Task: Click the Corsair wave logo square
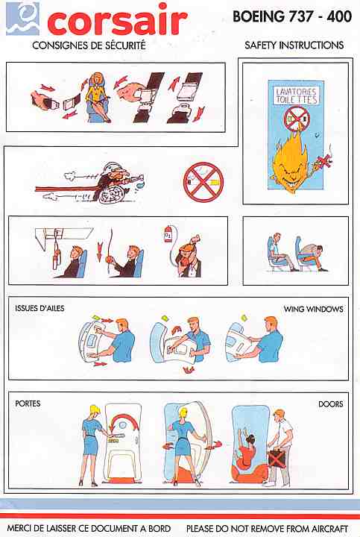coord(23,19)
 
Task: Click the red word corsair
coord(117,20)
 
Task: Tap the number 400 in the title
coord(339,16)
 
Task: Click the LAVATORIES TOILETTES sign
coord(297,95)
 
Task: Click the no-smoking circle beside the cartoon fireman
coord(203,182)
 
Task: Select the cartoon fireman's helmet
coord(113,169)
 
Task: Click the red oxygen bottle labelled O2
coord(168,233)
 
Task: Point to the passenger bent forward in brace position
coord(312,254)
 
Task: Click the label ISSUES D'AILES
coord(40,308)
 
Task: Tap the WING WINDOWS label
coord(313,309)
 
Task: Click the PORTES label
coord(28,403)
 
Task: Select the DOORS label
coord(331,404)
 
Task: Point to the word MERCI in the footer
coord(20,529)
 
